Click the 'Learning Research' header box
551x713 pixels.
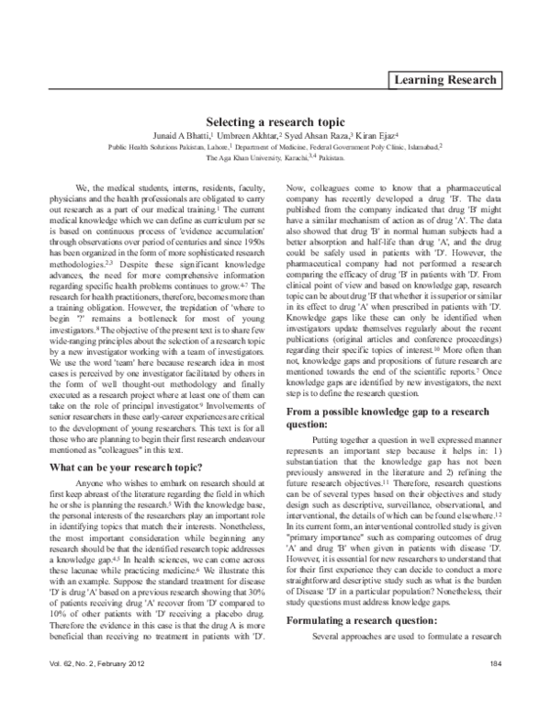445,81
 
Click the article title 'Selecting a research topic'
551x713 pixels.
275,120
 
